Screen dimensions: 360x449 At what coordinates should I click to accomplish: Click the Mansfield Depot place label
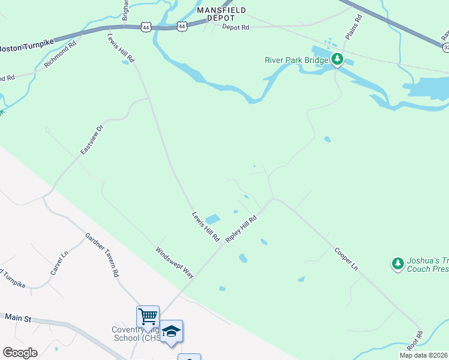point(222,14)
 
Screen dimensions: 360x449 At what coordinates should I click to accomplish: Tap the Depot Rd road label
point(235,27)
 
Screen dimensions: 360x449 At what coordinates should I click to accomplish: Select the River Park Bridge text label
point(297,59)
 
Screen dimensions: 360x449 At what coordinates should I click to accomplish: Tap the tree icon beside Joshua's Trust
point(397,263)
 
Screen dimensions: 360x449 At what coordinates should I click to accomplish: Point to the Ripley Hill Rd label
point(241,229)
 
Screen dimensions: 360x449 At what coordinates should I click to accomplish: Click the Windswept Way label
point(175,262)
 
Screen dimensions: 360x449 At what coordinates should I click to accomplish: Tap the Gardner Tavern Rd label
point(101,255)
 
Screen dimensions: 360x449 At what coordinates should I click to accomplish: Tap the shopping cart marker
point(148,315)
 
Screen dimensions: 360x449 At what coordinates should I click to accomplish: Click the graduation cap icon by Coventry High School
point(171,331)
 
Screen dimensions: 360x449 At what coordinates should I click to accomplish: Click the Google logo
point(20,352)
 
